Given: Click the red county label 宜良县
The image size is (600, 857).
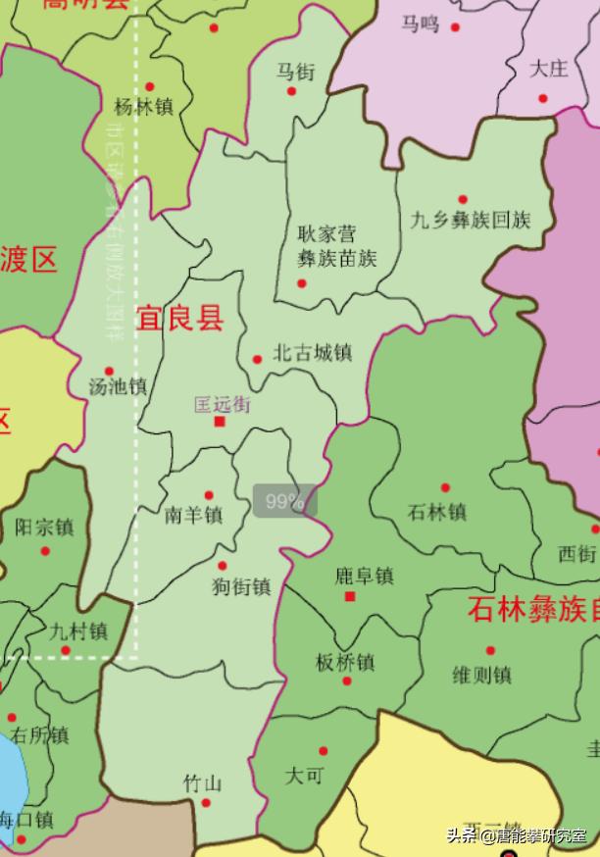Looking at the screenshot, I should (x=179, y=319).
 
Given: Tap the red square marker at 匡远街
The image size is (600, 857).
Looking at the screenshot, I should (x=220, y=422).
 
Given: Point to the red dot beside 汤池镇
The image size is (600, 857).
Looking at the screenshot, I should (x=109, y=372).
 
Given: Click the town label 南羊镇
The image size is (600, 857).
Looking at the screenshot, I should (x=194, y=515).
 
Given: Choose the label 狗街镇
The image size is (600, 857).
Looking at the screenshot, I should (x=241, y=587).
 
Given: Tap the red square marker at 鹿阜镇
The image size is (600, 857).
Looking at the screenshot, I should (x=350, y=595).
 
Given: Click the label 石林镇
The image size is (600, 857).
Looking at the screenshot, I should (x=436, y=512).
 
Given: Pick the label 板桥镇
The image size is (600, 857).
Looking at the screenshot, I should (x=345, y=662).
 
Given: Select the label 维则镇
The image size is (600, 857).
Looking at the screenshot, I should (x=481, y=675).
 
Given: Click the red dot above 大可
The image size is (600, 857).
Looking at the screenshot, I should (x=323, y=751).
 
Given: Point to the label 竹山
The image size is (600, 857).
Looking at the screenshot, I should (x=203, y=783).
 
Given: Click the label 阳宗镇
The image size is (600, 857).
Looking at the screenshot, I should (x=45, y=528).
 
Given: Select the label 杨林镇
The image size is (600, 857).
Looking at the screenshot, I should (x=144, y=107).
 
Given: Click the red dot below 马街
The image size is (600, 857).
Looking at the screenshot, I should (x=291, y=91).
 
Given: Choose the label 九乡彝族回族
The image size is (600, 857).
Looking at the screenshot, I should (x=471, y=220).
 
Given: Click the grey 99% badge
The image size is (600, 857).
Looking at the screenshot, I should (x=285, y=502).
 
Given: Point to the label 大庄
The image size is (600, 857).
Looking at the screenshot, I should (x=549, y=69).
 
